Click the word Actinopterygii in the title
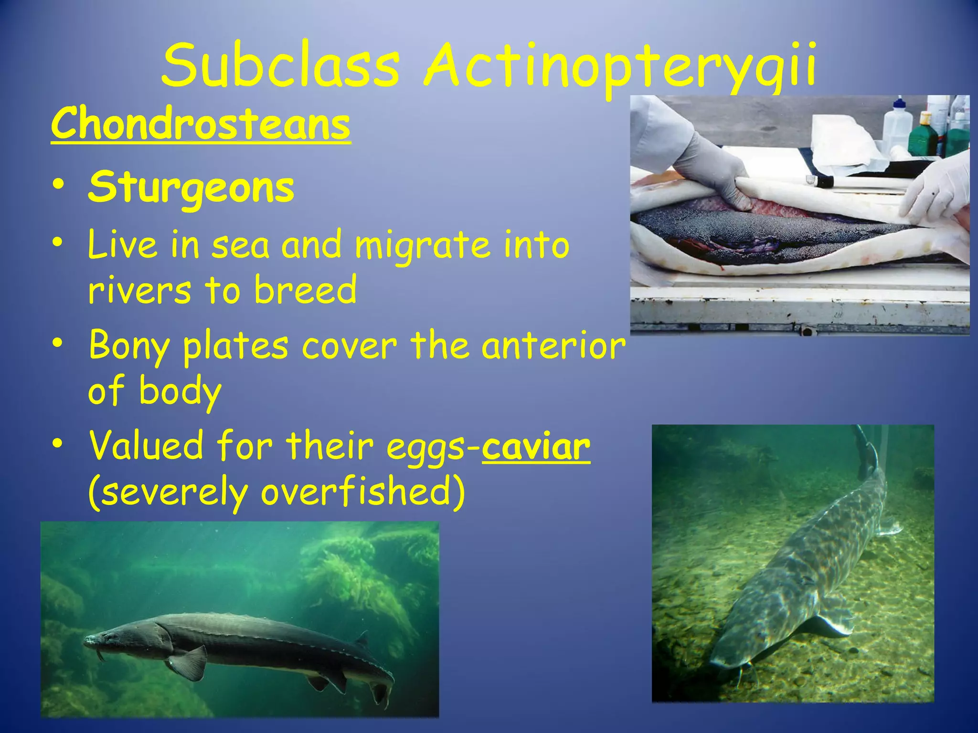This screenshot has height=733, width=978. point(620,67)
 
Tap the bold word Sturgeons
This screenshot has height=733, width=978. point(191,187)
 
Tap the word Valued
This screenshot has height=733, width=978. point(146,445)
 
